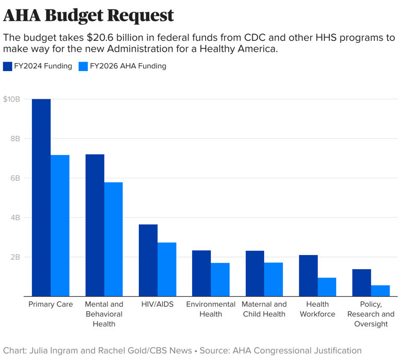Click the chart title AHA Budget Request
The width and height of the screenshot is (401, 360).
point(88,16)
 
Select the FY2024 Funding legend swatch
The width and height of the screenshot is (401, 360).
point(8,66)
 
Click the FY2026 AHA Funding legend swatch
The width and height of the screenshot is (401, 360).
point(83,66)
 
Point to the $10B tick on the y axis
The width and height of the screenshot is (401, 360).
point(11,99)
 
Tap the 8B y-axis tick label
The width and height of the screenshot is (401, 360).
point(14,138)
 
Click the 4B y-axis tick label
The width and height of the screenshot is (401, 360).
point(14,217)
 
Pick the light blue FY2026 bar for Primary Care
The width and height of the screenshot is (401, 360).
point(60,225)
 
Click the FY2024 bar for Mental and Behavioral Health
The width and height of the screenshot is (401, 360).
point(95,225)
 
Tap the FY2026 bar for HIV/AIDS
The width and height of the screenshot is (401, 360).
point(167,269)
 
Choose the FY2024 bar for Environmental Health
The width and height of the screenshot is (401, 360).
point(202,273)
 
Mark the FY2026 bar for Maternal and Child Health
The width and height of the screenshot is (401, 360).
point(273,279)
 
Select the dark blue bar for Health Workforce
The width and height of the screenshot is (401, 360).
point(308,275)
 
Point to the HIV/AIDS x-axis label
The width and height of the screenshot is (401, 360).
point(157,304)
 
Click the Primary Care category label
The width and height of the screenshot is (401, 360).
point(51,304)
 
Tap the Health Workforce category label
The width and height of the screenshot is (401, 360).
point(317,309)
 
